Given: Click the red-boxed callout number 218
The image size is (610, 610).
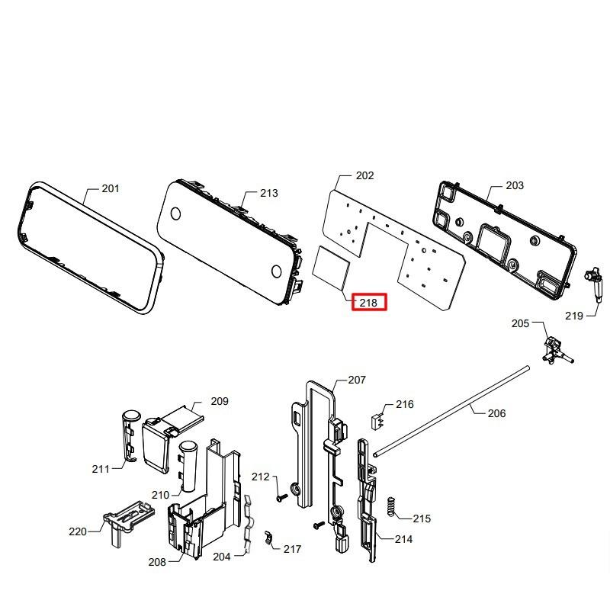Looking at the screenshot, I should coord(368,303).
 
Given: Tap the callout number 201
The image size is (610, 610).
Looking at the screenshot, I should coord(111,189).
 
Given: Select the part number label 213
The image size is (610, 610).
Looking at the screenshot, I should coord(268,194).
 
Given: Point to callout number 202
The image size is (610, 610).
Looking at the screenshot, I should coord(364,176).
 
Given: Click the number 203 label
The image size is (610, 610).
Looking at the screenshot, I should coord(515,186).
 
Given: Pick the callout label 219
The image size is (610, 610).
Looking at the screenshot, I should coord(574,316).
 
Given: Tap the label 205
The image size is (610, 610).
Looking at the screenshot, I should coord(520,324).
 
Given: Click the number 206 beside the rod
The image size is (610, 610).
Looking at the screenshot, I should coord(496,413).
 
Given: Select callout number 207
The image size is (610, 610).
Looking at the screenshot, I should coord(357,380).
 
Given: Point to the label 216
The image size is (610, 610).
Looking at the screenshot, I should coord(404,405).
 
